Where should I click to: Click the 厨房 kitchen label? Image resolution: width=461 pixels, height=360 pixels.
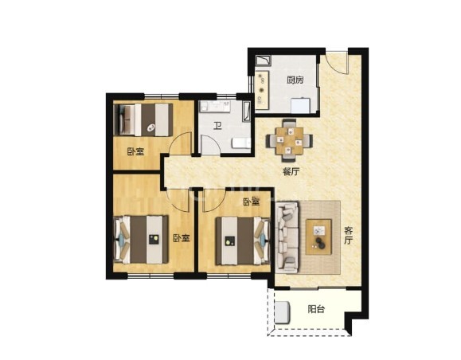click(x=295, y=80)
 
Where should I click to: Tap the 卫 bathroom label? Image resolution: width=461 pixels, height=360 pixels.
click(x=217, y=127)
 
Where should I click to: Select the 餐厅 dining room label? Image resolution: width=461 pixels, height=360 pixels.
click(x=291, y=172)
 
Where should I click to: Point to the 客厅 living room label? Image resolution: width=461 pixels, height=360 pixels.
click(x=348, y=236)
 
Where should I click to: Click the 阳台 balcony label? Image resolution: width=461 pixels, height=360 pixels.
click(x=316, y=309)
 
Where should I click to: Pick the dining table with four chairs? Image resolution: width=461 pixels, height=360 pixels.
click(x=290, y=140)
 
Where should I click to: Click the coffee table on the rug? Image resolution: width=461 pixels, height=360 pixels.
click(x=318, y=237)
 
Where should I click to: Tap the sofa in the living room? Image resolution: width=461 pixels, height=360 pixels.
click(x=287, y=237)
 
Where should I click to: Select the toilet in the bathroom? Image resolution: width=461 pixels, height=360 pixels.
click(x=241, y=143)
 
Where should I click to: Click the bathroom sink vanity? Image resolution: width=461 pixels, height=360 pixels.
click(x=215, y=107)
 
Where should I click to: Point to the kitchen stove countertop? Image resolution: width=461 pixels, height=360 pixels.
click(x=262, y=89)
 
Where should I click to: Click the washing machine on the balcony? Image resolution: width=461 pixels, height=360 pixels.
click(x=282, y=312)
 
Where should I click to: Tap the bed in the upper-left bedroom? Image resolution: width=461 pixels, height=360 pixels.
click(x=143, y=119)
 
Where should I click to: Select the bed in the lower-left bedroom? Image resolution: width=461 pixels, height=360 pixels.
click(x=141, y=240)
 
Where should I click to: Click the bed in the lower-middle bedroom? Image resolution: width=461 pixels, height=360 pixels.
click(x=243, y=241)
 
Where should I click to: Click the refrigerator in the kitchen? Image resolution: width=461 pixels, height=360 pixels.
click(x=300, y=105)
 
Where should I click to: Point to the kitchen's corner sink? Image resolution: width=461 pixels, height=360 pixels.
click(x=264, y=61)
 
